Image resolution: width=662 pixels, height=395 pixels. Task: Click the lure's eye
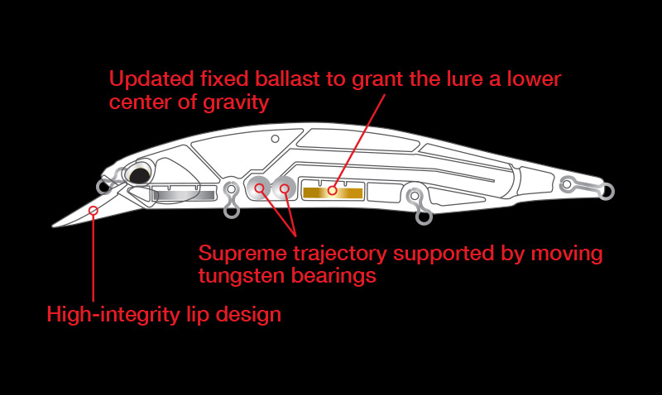[x=139, y=172]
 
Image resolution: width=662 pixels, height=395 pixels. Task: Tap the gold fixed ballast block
[x=333, y=192]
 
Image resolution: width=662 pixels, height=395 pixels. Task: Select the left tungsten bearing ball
[x=259, y=189]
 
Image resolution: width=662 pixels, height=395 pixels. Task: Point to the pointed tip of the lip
[x=55, y=224]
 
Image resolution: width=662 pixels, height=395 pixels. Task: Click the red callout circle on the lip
[x=94, y=211]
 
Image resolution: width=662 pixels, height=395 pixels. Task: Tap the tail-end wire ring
[x=607, y=192]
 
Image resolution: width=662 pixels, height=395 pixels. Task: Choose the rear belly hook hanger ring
[x=424, y=217]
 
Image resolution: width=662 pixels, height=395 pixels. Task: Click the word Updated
[x=143, y=80]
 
